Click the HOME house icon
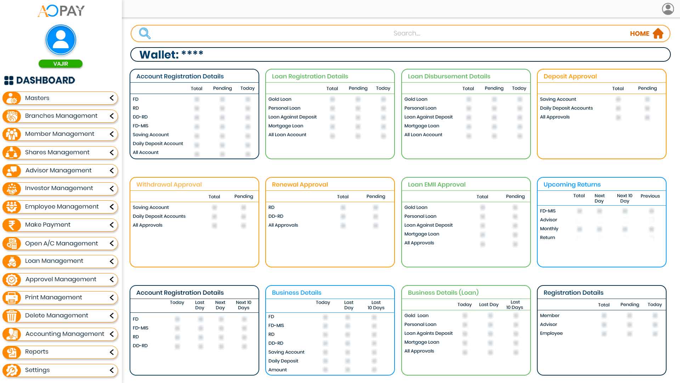point(658,33)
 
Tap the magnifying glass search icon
point(144,33)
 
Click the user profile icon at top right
point(668,9)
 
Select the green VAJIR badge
point(61,64)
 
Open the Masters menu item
point(37,98)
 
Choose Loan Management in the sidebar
point(54,261)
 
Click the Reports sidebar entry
point(36,352)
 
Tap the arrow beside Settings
point(112,370)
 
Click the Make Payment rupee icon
point(12,225)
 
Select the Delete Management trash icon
point(12,316)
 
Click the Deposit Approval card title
point(570,76)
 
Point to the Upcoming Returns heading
point(572,184)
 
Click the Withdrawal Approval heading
point(169,184)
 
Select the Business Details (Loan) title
point(443,293)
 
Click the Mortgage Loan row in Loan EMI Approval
point(421,234)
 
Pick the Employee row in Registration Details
point(551,333)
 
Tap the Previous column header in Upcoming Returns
point(650,196)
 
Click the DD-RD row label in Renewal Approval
point(276,216)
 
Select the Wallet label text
point(159,55)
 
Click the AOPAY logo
point(61,11)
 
